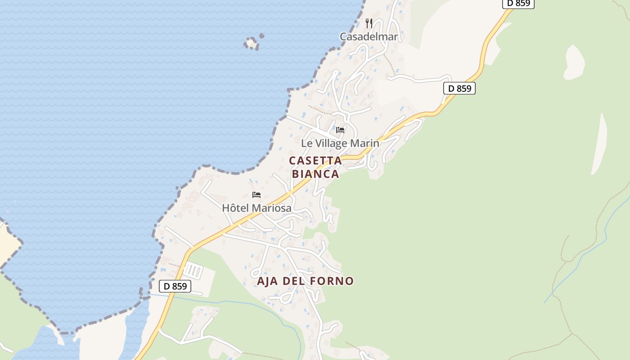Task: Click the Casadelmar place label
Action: click(369, 37)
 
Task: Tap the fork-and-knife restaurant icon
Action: click(369, 23)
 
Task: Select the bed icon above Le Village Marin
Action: click(340, 130)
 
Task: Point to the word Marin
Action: click(367, 144)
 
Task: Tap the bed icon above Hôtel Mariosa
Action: click(256, 195)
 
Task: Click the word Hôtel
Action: click(236, 208)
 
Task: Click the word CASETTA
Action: click(315, 161)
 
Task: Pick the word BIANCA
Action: click(315, 174)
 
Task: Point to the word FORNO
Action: click(334, 281)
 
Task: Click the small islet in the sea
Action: click(252, 43)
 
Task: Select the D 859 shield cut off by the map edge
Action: click(518, 3)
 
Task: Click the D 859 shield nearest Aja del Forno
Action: click(175, 286)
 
